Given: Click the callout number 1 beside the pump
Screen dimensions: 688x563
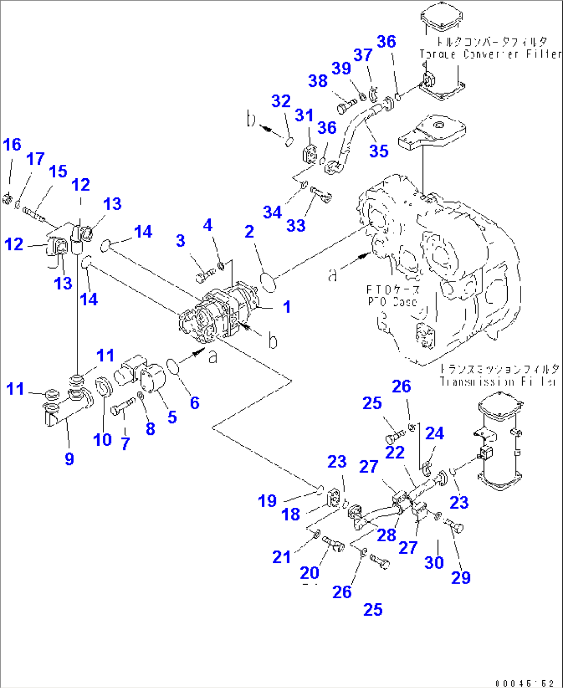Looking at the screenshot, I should pyautogui.click(x=287, y=307).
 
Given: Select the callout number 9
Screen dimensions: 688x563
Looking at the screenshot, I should pyautogui.click(x=69, y=458).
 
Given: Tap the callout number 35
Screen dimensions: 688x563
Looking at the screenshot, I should pyautogui.click(x=379, y=151).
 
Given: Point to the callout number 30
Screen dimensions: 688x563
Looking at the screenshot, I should pyautogui.click(x=434, y=562).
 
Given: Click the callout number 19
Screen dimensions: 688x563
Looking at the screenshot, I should pyautogui.click(x=267, y=501).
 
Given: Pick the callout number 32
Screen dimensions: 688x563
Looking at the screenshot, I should pyautogui.click(x=281, y=101).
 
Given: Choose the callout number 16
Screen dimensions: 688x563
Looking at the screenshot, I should pyautogui.click(x=12, y=145).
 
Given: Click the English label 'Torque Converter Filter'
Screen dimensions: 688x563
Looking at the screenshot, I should pyautogui.click(x=490, y=54).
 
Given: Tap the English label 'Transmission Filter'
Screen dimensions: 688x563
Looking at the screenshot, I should pyautogui.click(x=499, y=382).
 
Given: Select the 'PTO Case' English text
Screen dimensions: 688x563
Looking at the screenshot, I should pyautogui.click(x=393, y=302).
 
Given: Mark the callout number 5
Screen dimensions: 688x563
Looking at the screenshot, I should pyautogui.click(x=171, y=417).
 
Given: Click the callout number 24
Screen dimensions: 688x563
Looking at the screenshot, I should pyautogui.click(x=434, y=433).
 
